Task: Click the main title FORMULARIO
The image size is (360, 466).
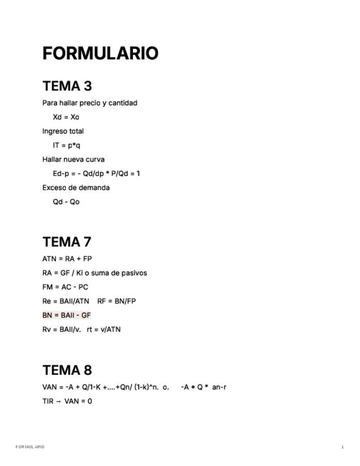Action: [100, 53]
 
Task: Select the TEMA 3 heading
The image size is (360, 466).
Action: [67, 86]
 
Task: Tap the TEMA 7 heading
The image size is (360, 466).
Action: [67, 242]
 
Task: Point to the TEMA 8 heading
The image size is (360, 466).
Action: [67, 370]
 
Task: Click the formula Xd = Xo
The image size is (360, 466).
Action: [66, 117]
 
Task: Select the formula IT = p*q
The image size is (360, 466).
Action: [67, 145]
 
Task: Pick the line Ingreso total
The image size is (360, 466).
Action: [63, 131]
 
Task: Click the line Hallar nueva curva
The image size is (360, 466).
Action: [74, 159]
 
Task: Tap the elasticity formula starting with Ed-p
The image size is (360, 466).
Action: [96, 174]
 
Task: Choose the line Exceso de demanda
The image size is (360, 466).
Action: [76, 187]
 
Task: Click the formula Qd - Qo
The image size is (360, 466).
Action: [66, 202]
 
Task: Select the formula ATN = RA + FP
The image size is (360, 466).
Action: [67, 259]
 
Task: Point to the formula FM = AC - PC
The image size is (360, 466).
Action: [65, 287]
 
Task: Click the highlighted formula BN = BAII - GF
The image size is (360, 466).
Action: [67, 315]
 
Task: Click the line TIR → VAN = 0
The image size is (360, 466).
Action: [67, 401]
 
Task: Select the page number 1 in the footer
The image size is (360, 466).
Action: [342, 447]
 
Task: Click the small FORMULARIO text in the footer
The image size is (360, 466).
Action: [30, 447]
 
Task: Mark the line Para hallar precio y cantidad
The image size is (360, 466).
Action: [90, 103]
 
